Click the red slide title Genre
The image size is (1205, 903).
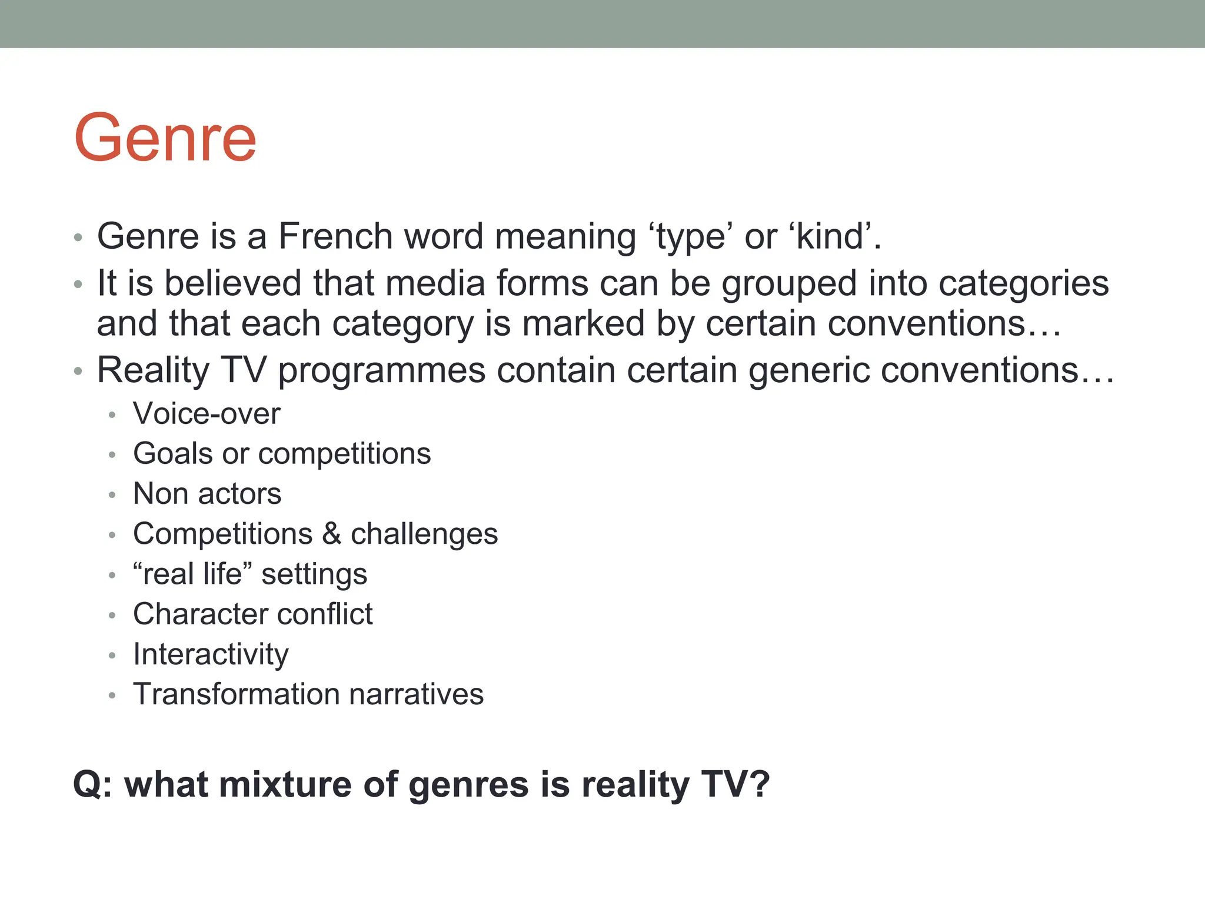[165, 138]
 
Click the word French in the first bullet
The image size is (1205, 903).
[335, 236]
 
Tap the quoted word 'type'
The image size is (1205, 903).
[690, 238]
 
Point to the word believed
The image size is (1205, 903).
[233, 283]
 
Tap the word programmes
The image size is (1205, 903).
[382, 371]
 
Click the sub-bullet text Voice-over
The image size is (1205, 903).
[207, 414]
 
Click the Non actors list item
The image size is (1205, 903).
[207, 494]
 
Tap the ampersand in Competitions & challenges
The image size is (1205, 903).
[332, 534]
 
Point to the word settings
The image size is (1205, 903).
[314, 574]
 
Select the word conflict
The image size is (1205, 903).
[325, 614]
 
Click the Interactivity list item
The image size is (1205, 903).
[211, 654]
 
